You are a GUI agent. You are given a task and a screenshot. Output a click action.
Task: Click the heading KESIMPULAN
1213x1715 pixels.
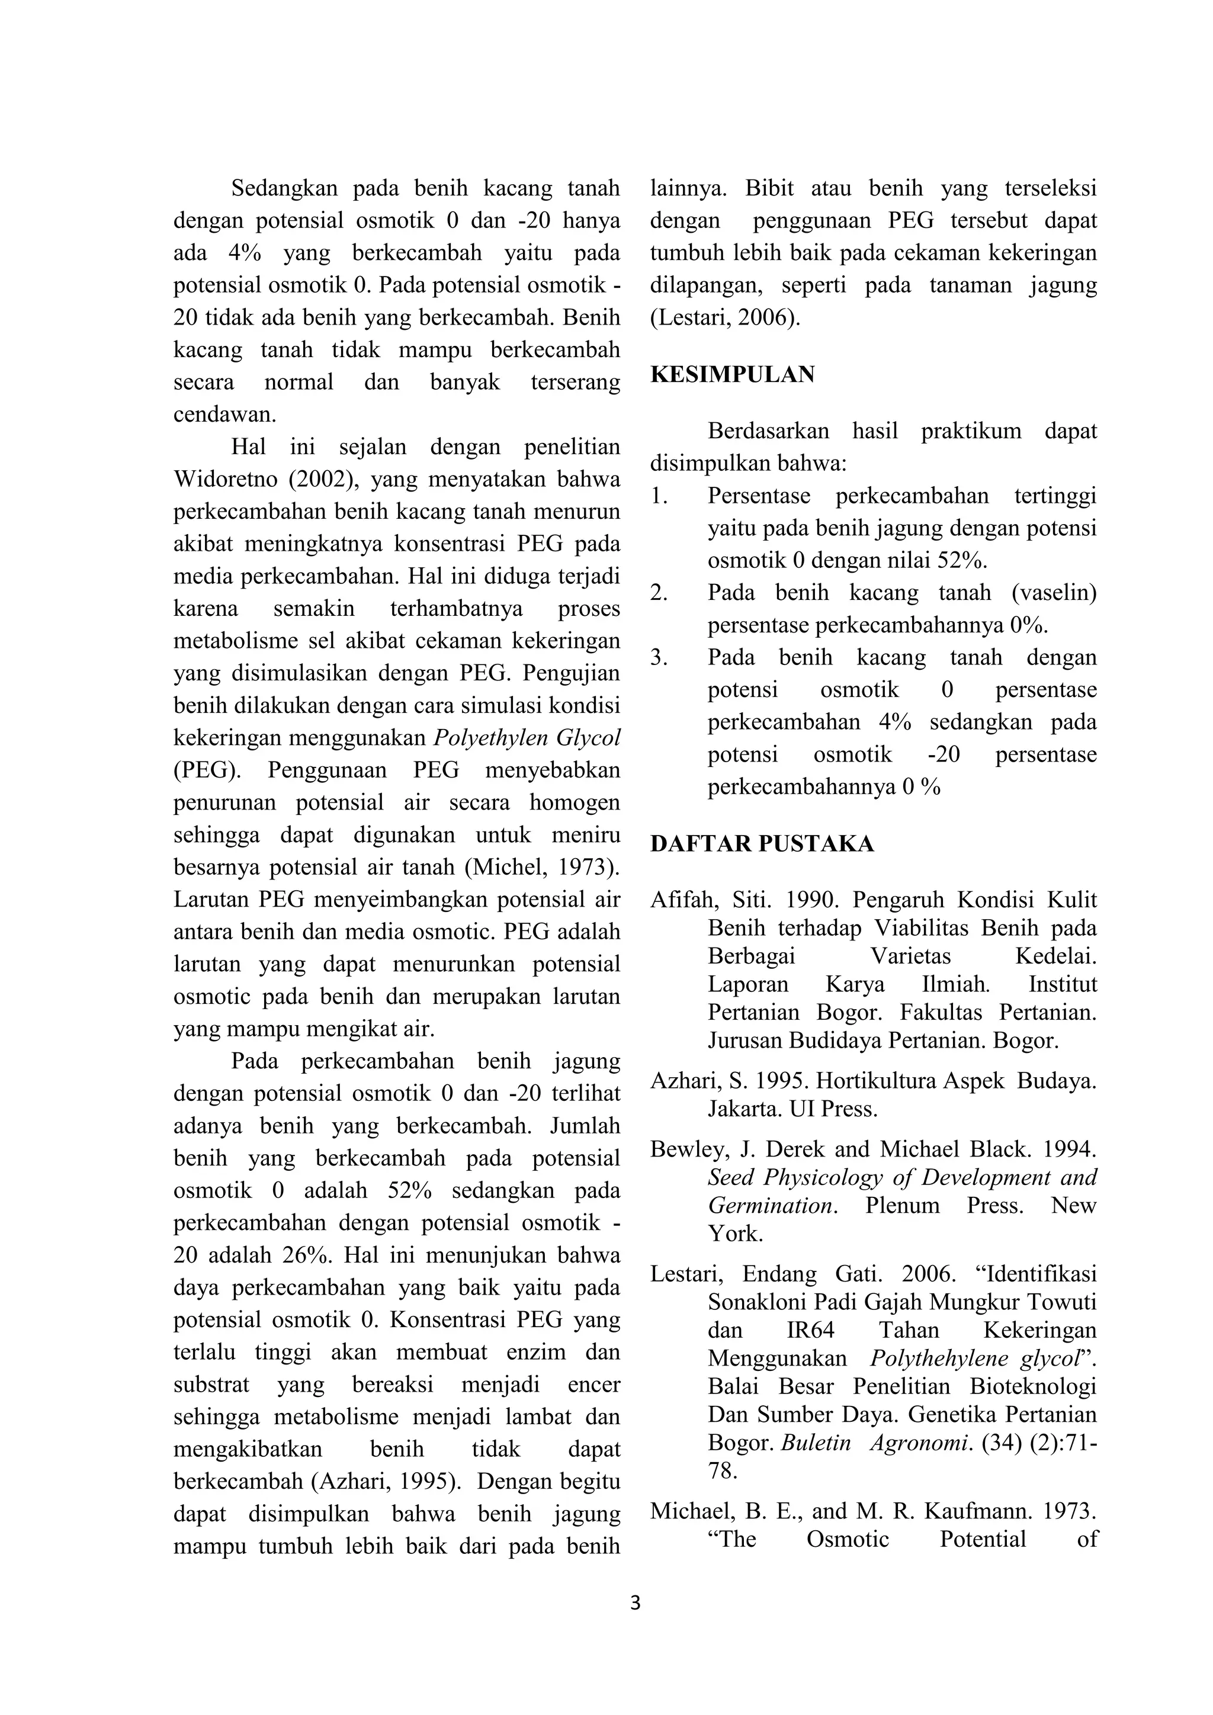click(732, 375)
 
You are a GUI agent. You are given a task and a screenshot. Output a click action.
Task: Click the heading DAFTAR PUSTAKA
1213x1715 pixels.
click(761, 844)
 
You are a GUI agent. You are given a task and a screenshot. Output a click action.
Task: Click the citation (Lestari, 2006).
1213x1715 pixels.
click(724, 318)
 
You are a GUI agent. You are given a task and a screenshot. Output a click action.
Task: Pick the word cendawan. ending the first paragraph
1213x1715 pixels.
click(225, 415)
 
